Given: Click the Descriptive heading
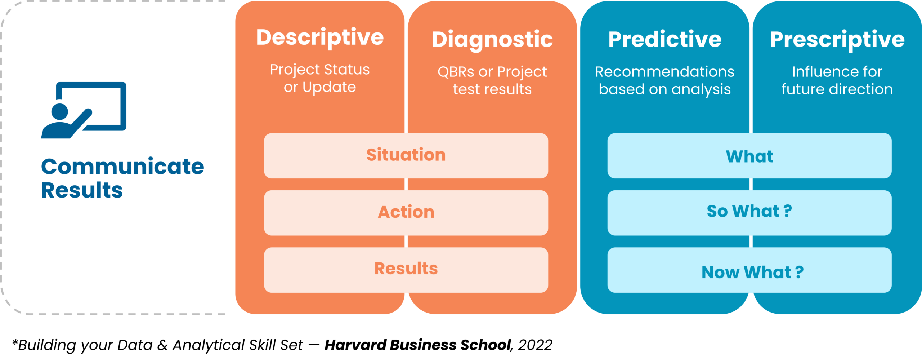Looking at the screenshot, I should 320,37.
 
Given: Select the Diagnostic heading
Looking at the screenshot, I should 492,39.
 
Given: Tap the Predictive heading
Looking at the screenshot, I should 664,39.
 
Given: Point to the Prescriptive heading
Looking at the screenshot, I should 837,39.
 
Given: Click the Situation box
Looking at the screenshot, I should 406,155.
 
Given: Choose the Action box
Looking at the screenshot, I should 406,212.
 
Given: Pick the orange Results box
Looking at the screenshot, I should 406,269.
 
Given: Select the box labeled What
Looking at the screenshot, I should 749,156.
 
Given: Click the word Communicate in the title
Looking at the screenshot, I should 122,167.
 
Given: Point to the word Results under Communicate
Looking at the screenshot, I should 82,190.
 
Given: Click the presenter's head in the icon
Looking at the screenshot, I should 60,111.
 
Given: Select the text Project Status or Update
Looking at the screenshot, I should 320,78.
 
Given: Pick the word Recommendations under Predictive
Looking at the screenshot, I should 664,72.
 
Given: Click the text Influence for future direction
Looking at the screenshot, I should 837,80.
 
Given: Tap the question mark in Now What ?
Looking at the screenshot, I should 799,273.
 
